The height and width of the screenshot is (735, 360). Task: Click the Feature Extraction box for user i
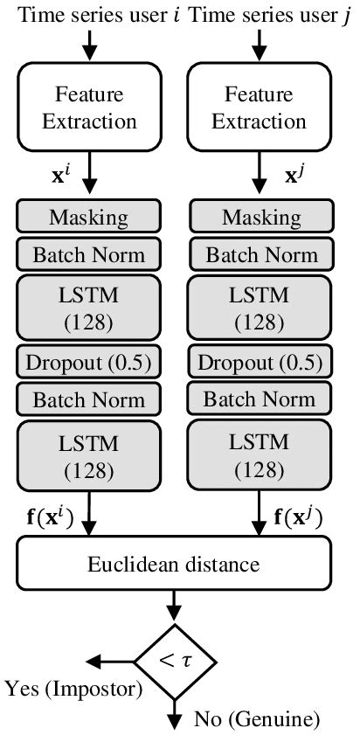(x=88, y=107)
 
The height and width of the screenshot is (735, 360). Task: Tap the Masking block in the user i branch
(x=88, y=217)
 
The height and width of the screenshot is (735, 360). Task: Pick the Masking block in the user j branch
(x=261, y=217)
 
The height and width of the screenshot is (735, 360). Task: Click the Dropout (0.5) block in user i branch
(x=88, y=361)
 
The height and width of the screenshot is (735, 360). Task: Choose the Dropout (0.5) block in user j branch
(x=261, y=361)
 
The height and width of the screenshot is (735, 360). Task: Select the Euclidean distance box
(x=173, y=564)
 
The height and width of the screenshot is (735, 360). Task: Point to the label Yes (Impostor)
(x=73, y=689)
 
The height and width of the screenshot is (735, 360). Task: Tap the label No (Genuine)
(x=246, y=720)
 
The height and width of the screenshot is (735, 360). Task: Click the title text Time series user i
(x=91, y=15)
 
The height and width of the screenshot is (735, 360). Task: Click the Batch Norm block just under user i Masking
(x=88, y=255)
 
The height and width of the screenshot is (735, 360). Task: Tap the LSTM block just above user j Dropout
(x=261, y=309)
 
